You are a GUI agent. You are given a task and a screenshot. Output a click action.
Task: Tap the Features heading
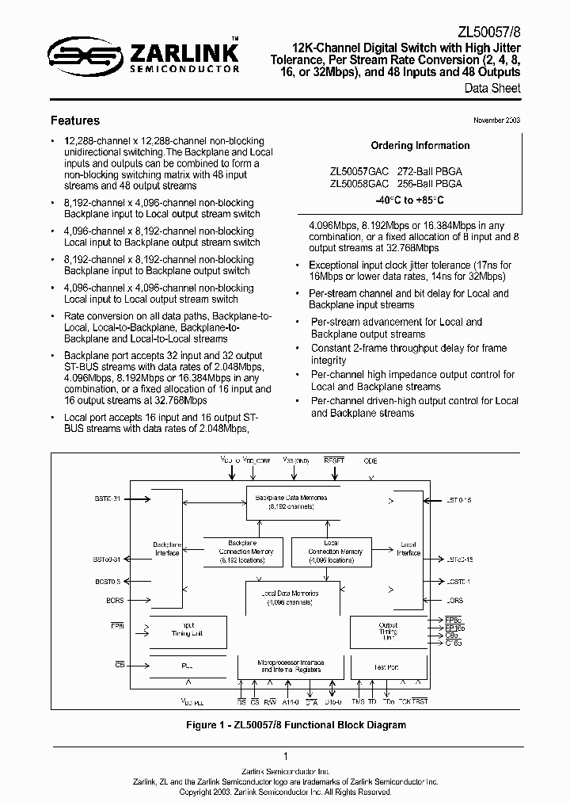pos(75,120)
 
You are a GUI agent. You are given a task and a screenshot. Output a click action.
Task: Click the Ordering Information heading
pos(420,146)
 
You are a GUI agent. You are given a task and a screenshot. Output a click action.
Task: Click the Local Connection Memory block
pos(334,552)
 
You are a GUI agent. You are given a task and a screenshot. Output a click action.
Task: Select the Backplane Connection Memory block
pos(239,552)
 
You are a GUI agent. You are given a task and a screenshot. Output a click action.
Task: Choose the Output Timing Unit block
pos(388,631)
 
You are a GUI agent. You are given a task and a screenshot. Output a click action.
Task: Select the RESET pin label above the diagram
pos(334,460)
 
